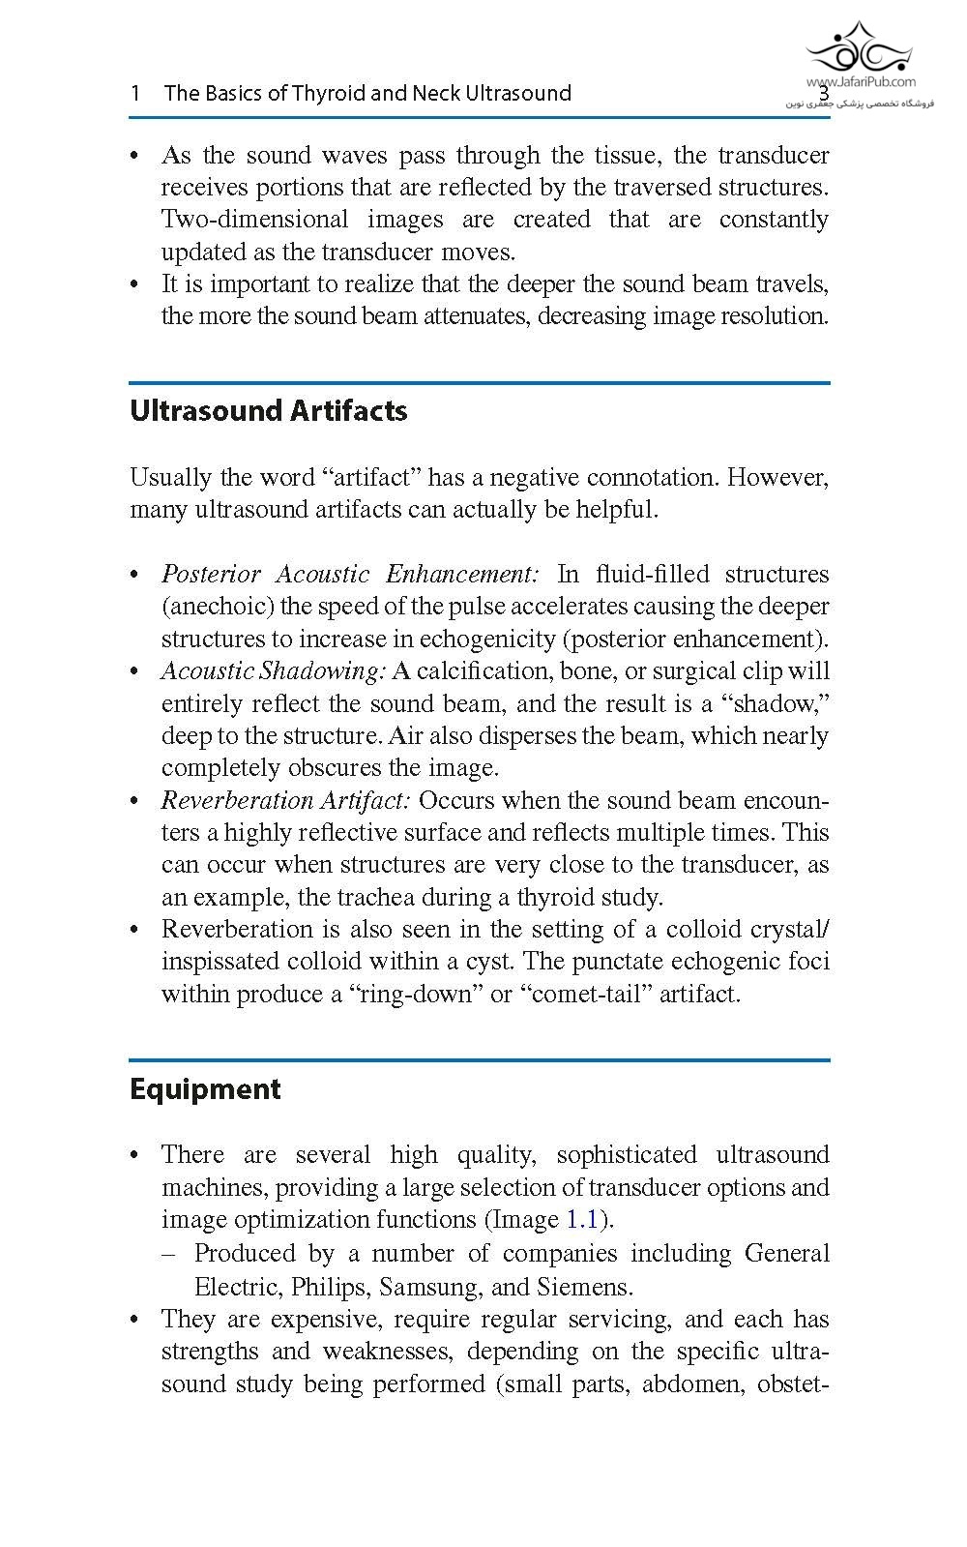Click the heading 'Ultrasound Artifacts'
[268, 411]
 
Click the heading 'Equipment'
[205, 1089]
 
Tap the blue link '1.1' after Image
[582, 1219]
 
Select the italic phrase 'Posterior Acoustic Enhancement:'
[350, 574]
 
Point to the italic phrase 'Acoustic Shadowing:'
[274, 670]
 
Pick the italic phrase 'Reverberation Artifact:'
[286, 800]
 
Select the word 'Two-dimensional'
[254, 220]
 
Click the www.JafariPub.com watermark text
[861, 83]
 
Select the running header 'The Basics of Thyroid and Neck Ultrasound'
[367, 93]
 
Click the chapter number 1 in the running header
[135, 93]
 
